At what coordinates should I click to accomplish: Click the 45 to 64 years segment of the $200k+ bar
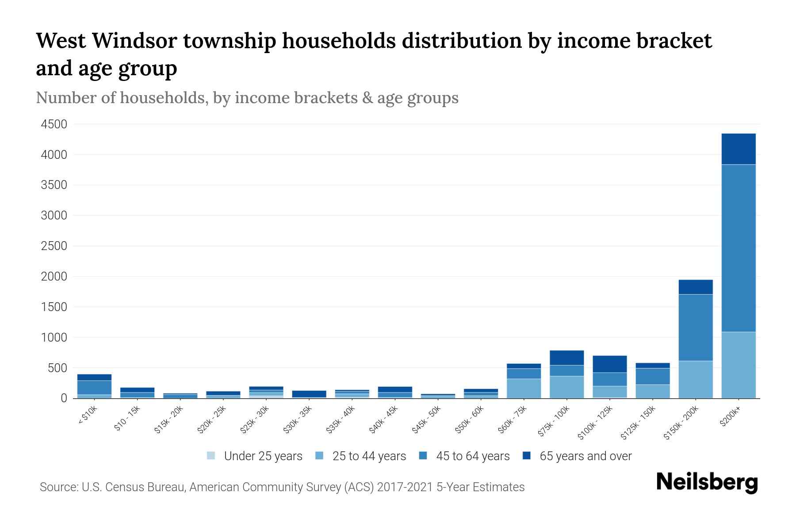point(738,248)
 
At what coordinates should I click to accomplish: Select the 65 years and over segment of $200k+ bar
point(738,149)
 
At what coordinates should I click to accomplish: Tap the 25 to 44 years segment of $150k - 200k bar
point(695,379)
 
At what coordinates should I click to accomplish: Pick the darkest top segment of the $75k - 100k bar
point(566,358)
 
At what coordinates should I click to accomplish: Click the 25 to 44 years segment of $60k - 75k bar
point(524,388)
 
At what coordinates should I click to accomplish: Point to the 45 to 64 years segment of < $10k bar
point(94,387)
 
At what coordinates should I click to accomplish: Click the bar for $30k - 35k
point(309,394)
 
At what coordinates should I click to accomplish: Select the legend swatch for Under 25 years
point(211,456)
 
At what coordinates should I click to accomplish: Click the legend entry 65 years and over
point(586,456)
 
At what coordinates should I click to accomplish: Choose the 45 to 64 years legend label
point(473,456)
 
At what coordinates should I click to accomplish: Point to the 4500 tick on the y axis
point(54,124)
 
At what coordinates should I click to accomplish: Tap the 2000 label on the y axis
point(54,277)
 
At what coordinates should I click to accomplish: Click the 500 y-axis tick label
point(57,368)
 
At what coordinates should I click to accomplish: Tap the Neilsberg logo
point(707,482)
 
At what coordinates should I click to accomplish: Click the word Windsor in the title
point(135,41)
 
